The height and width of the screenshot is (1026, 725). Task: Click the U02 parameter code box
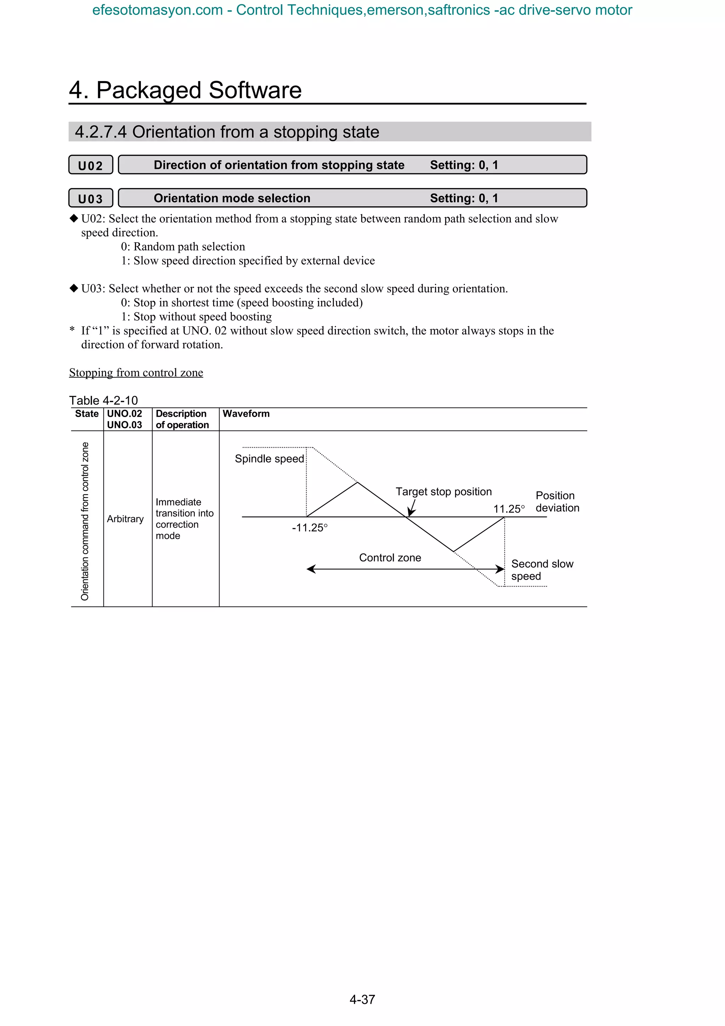[x=91, y=165]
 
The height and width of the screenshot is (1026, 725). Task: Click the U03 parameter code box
[x=91, y=198]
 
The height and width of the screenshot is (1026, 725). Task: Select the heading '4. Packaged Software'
[x=185, y=90]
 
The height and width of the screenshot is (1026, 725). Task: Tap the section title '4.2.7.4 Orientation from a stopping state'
[x=227, y=132]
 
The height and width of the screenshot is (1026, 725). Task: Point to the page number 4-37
[x=362, y=999]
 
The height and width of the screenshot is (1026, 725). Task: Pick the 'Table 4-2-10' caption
[x=103, y=400]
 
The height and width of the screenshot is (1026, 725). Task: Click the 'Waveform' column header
[x=246, y=414]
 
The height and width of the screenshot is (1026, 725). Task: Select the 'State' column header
[x=87, y=414]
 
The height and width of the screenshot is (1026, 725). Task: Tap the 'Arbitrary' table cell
[x=125, y=519]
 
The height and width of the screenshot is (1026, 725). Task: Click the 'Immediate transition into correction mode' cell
[x=184, y=519]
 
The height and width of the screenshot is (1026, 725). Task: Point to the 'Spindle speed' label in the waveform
[x=269, y=459]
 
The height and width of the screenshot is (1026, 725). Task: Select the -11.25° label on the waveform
[x=309, y=528]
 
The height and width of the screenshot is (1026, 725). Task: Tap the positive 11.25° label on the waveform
[x=509, y=509]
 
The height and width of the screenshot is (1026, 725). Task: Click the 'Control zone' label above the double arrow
[x=390, y=558]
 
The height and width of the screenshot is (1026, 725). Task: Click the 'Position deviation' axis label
[x=557, y=501]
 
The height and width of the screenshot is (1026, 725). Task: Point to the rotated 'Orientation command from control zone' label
[x=85, y=521]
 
